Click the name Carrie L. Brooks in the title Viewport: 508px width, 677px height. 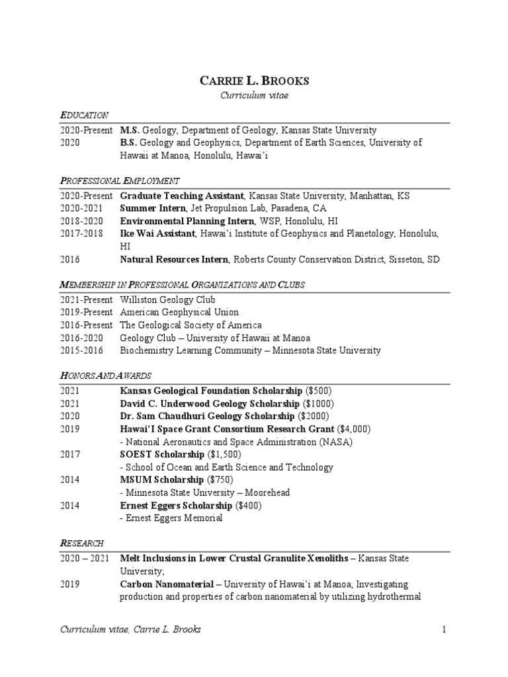pos(253,81)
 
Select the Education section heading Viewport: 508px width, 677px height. pos(84,115)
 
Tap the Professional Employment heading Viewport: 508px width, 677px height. pos(120,180)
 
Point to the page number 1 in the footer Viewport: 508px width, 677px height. pos(445,629)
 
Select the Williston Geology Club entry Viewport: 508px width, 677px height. pos(168,299)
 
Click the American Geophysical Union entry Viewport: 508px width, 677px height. pos(179,312)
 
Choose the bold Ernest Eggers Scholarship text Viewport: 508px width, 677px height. pos(177,506)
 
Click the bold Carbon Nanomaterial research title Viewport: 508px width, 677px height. pos(168,584)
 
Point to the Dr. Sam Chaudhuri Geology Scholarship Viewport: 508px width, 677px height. pos(207,416)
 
